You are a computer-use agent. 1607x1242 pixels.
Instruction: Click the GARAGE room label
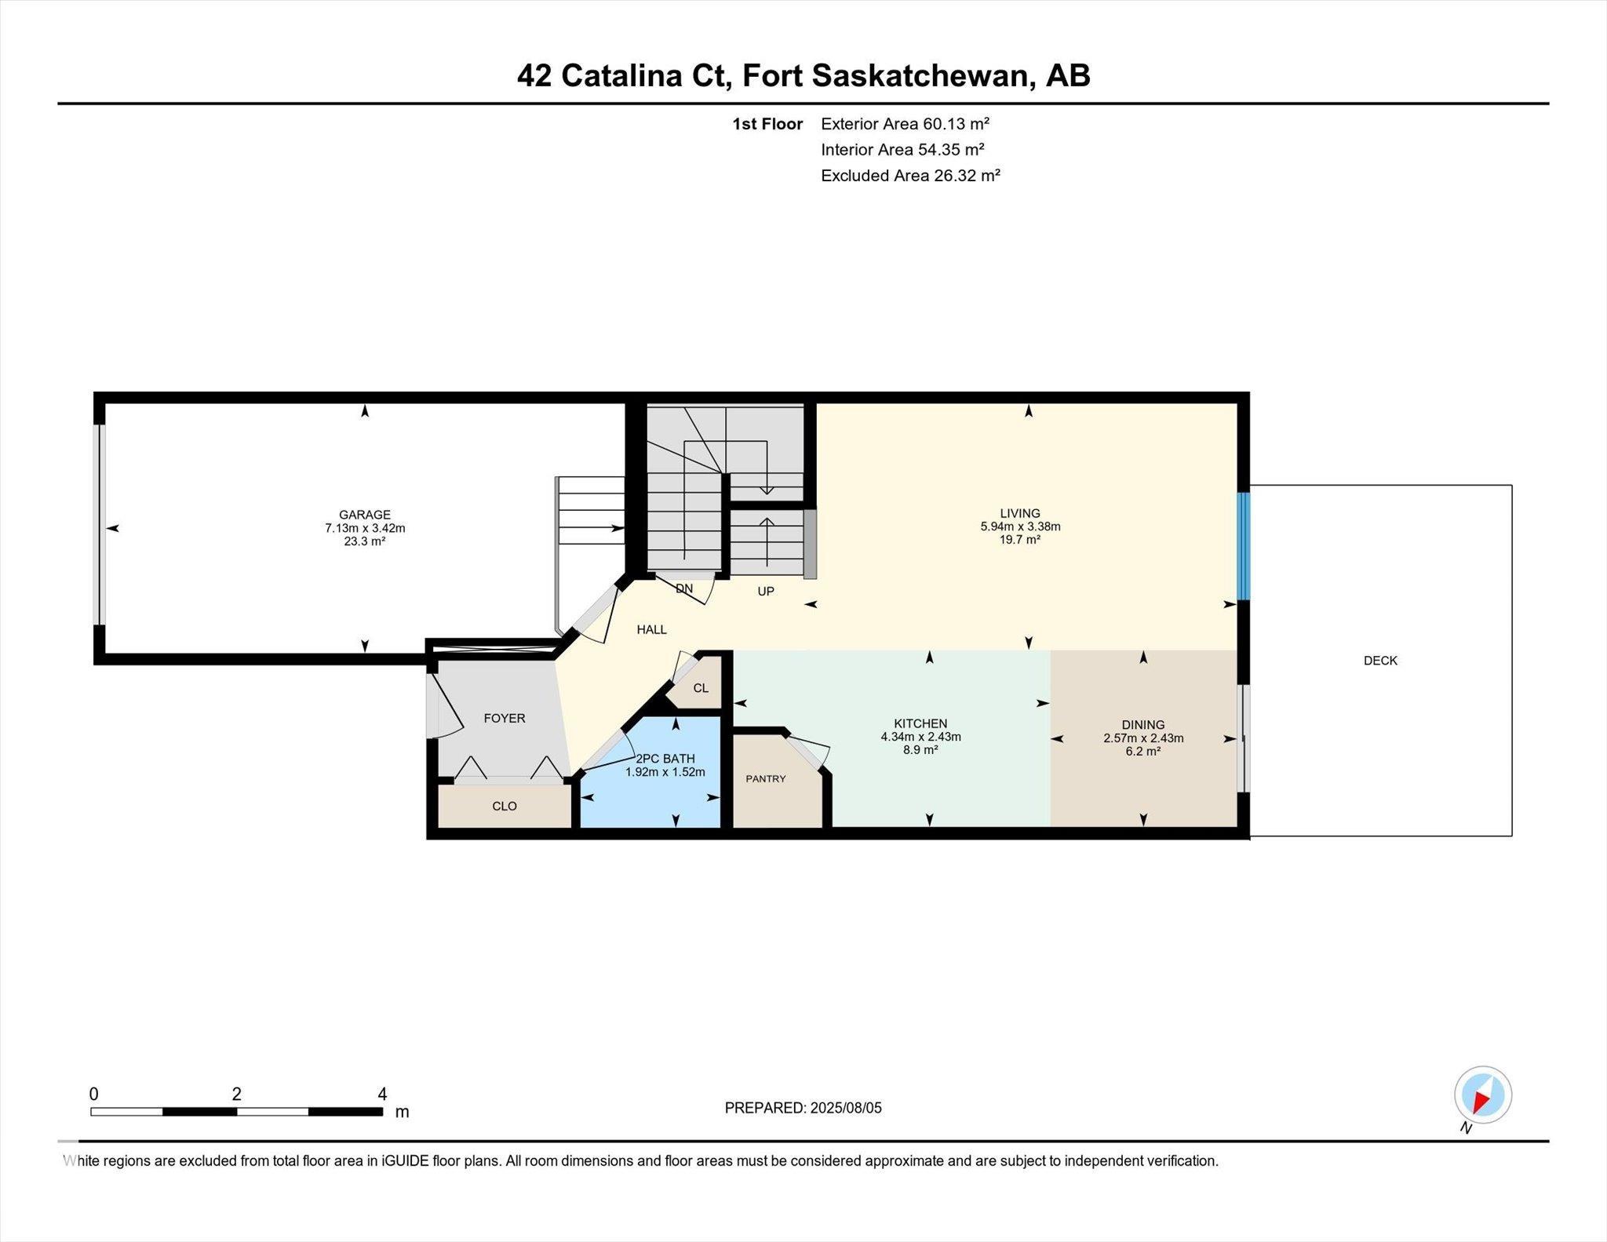[x=365, y=515]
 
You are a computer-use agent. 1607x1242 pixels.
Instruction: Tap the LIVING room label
[x=1020, y=514]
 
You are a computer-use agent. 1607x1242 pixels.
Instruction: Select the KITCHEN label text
[x=920, y=724]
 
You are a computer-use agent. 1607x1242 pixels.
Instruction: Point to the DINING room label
[x=1143, y=725]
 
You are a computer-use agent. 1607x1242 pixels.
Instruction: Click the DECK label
[x=1380, y=661]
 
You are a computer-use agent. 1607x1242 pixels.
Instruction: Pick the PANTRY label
[x=766, y=779]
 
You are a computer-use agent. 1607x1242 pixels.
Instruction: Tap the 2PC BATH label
[x=665, y=759]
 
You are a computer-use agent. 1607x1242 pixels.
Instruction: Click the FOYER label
[x=505, y=719]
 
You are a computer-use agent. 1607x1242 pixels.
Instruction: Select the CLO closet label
[x=505, y=807]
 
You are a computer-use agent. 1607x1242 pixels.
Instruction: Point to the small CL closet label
[x=701, y=688]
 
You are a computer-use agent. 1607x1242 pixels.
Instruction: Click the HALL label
[x=652, y=629]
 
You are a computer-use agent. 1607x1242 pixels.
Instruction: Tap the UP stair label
[x=766, y=592]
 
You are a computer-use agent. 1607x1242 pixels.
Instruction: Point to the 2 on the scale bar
[x=236, y=1094]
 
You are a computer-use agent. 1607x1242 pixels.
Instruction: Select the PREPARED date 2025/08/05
[x=847, y=1108]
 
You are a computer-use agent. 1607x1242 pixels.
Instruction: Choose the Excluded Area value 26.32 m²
[x=967, y=176]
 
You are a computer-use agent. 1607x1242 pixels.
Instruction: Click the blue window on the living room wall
[x=1244, y=546]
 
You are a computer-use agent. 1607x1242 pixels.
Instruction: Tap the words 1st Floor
[x=767, y=124]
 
